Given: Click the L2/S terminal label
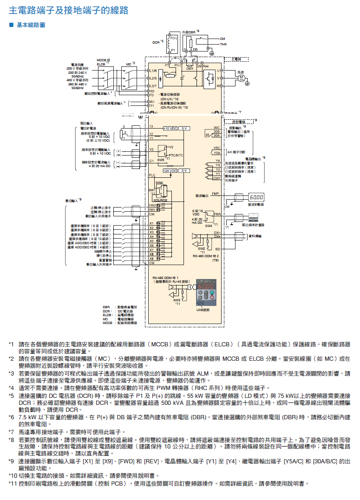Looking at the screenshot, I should point(154,78).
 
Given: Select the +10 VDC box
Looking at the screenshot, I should point(170,128).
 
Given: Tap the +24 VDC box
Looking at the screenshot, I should point(170,171).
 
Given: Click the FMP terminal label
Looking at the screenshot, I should point(215,193).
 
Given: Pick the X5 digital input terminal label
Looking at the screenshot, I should point(151,241).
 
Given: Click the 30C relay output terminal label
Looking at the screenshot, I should point(216,127).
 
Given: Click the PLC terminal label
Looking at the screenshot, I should point(152,175).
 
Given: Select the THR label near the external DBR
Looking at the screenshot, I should point(223,44).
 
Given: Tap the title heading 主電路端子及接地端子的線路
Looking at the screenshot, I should point(69,10).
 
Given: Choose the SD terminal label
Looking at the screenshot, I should point(217,249).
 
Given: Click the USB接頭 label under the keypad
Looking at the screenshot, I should point(203,310).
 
